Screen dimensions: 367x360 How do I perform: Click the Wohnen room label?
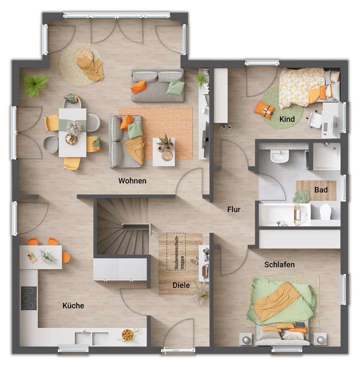click(x=132, y=180)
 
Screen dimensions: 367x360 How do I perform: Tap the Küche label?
click(x=73, y=305)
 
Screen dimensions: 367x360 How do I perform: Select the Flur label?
click(x=234, y=209)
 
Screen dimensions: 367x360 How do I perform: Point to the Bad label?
click(x=321, y=190)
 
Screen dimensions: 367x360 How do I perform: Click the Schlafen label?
click(x=279, y=264)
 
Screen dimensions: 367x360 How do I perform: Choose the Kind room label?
click(x=287, y=119)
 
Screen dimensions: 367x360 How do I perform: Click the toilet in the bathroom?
click(x=326, y=211)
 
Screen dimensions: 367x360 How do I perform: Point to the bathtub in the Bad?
click(x=282, y=214)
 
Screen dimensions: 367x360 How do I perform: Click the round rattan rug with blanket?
click(x=81, y=61)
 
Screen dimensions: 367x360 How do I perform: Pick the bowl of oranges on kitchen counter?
click(x=128, y=334)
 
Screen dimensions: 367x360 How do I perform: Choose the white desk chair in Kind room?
click(x=314, y=119)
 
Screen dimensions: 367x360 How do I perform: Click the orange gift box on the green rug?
click(x=262, y=108)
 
